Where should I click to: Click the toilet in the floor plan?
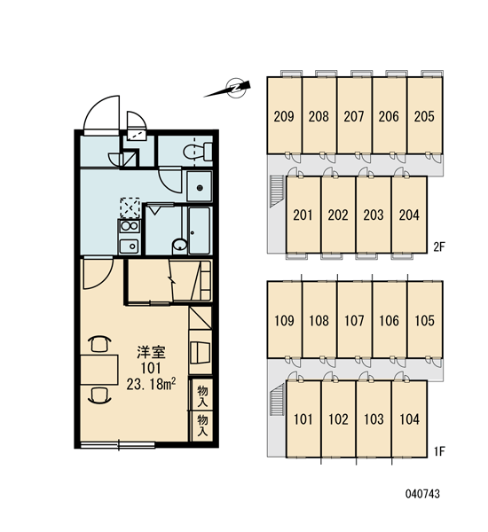click(x=198, y=152)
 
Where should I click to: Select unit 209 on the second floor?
click(x=284, y=115)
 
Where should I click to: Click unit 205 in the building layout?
click(x=424, y=115)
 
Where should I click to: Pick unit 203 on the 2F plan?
click(x=374, y=215)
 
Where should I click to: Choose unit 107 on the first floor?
click(x=354, y=319)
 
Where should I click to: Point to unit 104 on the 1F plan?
click(x=409, y=419)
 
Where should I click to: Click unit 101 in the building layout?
click(x=303, y=419)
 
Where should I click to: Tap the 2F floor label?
click(x=439, y=246)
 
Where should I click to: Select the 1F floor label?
click(x=439, y=451)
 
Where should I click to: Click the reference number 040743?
click(x=422, y=494)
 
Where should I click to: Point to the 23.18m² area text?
click(x=151, y=384)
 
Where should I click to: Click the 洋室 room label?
click(x=151, y=352)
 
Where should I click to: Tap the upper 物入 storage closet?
click(x=202, y=395)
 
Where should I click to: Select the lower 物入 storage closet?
click(x=202, y=426)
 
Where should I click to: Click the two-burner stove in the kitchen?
click(x=129, y=226)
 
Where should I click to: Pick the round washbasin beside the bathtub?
click(x=179, y=245)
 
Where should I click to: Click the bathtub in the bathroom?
click(x=200, y=231)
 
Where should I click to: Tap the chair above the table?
click(x=99, y=344)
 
